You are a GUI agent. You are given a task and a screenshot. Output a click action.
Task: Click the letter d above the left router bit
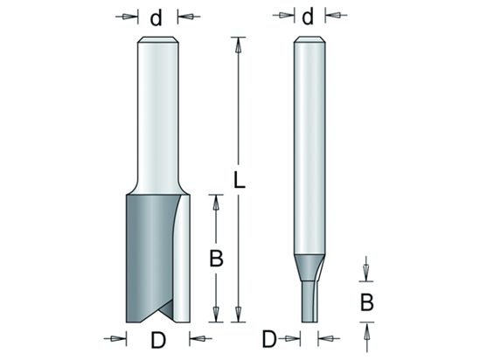tap(156, 17)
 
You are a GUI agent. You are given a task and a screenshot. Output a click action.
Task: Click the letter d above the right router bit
tap(308, 17)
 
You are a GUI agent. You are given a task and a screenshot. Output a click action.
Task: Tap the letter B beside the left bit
tap(216, 259)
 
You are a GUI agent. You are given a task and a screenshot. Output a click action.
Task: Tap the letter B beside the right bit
tap(366, 302)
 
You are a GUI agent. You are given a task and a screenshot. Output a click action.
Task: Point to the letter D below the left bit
tap(158, 340)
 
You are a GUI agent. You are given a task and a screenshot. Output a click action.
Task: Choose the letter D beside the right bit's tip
tap(269, 339)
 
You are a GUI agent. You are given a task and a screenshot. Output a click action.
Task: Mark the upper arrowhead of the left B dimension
tap(216, 202)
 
